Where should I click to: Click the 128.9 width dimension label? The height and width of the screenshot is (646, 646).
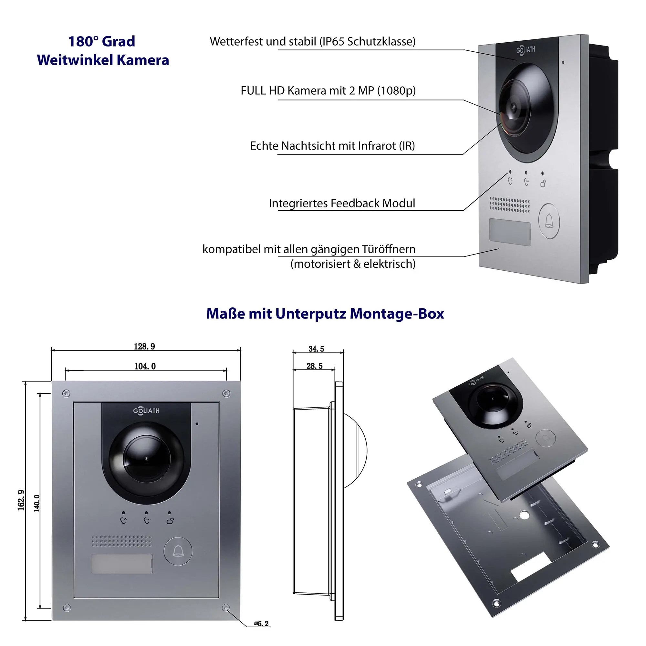pos(144,346)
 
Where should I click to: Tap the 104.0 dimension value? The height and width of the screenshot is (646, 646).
pos(145,367)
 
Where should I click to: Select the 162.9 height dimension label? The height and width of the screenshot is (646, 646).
pos(21,500)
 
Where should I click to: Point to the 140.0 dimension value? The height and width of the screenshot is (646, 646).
pos(37,504)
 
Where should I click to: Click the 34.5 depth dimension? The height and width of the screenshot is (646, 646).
pos(316,349)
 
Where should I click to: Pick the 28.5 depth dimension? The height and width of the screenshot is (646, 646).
pos(314,366)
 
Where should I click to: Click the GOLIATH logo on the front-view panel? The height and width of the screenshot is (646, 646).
pos(146,411)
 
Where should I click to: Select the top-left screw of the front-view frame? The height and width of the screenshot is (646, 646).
pos(66,393)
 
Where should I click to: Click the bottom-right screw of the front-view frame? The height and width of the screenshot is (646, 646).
pos(226,607)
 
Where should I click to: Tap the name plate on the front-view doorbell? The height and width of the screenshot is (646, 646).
pos(122,564)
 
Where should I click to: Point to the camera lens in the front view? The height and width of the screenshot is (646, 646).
pos(146,458)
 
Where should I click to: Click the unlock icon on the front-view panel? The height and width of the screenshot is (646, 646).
pos(170,521)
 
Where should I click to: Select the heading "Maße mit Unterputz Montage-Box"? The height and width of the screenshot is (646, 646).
pos(325,314)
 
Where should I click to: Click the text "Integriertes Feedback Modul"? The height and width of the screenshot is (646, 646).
pos(342,203)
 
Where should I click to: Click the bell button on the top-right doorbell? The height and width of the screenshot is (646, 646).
pos(549,221)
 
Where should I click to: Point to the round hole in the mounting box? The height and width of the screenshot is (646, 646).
pos(524,515)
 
